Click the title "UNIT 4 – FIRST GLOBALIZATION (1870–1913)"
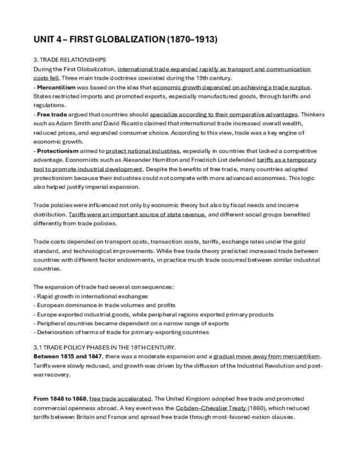(x=125, y=40)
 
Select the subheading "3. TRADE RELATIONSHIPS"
(x=70, y=59)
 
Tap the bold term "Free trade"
(x=52, y=114)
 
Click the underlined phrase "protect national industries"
(x=142, y=151)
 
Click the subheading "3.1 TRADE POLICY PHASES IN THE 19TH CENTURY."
(x=104, y=347)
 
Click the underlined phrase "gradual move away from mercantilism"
(x=267, y=356)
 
